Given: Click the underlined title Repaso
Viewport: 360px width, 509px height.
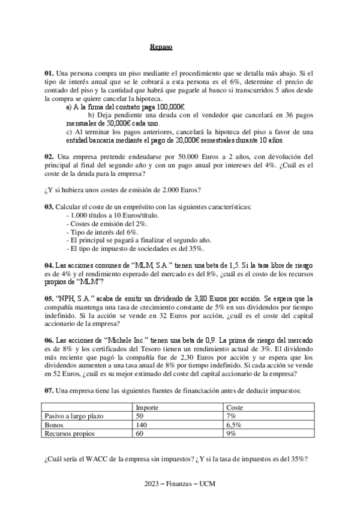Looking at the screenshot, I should coord(161,47).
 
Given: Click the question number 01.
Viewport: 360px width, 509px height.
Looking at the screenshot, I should coord(49,73).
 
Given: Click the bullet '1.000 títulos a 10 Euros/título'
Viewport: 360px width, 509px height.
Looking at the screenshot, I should coord(109,215).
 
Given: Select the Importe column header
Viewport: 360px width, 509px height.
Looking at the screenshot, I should coord(147,407).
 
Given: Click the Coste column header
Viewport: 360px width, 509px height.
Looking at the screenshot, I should coord(235,407).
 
